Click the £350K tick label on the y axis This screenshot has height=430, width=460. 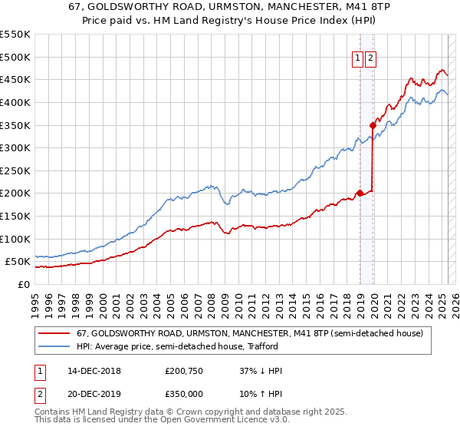[x=15, y=125]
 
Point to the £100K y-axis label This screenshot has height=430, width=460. [x=15, y=239]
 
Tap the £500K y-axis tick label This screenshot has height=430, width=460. [x=15, y=57]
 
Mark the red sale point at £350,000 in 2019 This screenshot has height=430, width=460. [x=373, y=124]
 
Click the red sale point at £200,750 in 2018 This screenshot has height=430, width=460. [x=360, y=193]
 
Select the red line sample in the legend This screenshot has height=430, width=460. [x=54, y=333]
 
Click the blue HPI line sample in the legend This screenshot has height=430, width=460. [x=54, y=346]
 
